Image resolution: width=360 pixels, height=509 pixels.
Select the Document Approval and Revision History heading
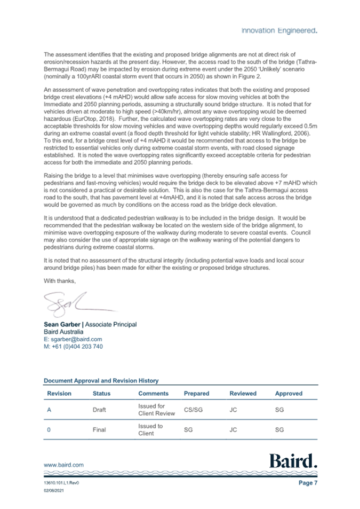[101, 381]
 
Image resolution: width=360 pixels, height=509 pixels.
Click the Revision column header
[59, 394]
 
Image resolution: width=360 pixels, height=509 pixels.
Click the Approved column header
[289, 394]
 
